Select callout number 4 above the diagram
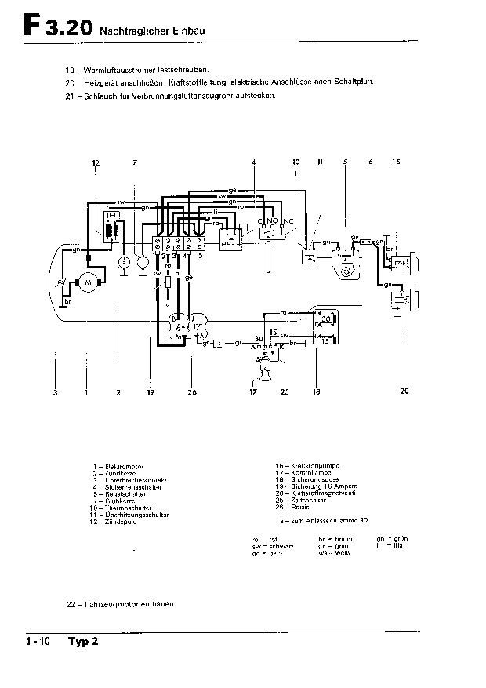click(253, 162)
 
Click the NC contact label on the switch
click(288, 222)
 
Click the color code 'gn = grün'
click(392, 540)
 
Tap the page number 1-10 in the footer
click(38, 642)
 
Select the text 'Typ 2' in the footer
click(83, 642)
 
